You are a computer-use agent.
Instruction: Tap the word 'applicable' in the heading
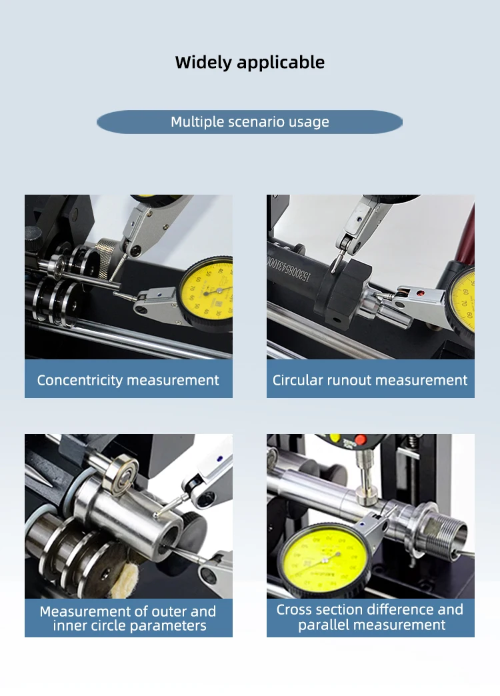pyautogui.click(x=281, y=63)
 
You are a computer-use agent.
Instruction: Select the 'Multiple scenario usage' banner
pyautogui.click(x=250, y=122)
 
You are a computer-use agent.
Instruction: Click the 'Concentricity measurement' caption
pyautogui.click(x=128, y=381)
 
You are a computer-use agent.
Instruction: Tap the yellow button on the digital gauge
pyautogui.click(x=335, y=438)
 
